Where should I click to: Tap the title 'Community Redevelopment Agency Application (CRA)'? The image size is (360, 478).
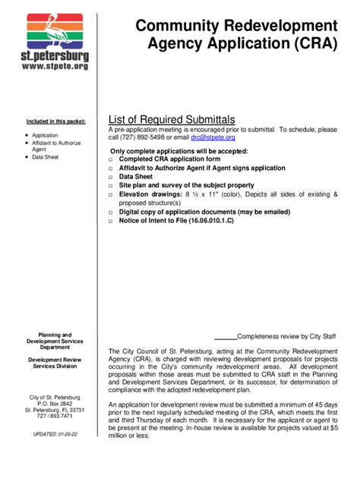click(236, 35)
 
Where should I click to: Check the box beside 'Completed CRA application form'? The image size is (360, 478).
click(111, 160)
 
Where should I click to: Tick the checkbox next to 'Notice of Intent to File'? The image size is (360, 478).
click(111, 222)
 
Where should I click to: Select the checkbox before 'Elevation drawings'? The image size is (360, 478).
click(111, 195)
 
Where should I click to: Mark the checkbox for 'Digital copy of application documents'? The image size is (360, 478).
click(111, 213)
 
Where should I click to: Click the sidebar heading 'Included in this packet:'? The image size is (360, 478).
click(56, 121)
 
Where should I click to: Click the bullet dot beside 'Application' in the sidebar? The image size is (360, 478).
click(26, 135)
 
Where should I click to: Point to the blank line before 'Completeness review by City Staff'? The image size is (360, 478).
click(226, 336)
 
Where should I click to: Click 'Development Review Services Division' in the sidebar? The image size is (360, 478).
click(55, 363)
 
